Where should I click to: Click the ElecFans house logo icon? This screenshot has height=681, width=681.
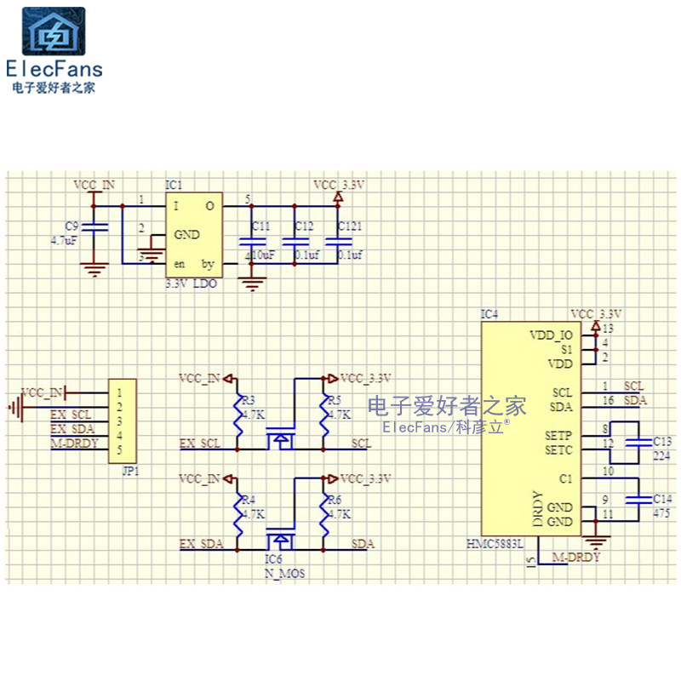(53, 31)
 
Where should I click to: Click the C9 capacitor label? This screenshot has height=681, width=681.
(72, 226)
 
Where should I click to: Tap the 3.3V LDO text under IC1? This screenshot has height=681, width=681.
(191, 284)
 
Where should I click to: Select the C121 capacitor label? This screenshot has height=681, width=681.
(349, 226)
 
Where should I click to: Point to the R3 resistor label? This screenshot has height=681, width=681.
(249, 400)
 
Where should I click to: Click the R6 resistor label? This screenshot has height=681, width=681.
(335, 500)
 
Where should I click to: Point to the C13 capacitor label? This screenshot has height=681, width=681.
(661, 442)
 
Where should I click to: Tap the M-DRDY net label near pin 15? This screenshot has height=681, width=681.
(576, 558)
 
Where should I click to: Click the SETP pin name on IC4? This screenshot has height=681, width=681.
(558, 436)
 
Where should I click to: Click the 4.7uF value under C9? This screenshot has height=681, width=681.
(65, 241)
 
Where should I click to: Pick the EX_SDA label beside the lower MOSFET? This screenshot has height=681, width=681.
(201, 543)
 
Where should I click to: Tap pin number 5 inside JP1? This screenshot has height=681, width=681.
(121, 449)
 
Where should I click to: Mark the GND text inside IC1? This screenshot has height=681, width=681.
(187, 235)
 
